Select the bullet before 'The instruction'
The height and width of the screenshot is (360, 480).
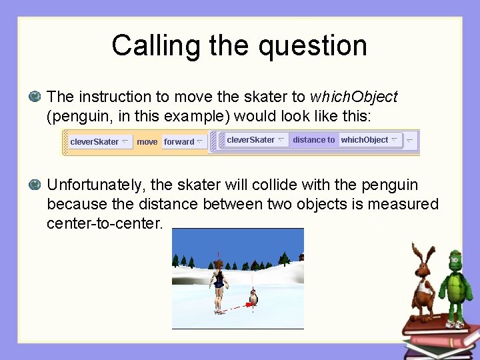(35, 97)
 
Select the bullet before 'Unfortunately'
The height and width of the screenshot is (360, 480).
(35, 185)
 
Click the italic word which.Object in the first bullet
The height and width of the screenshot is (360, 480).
(353, 97)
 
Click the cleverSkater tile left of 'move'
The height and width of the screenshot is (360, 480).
(98, 141)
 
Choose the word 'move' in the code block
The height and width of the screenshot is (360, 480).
(147, 141)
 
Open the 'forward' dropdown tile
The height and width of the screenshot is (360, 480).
(183, 141)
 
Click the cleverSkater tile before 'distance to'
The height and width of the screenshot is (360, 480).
(255, 140)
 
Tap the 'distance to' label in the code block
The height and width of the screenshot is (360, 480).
(313, 140)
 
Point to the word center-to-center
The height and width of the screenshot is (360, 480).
(105, 223)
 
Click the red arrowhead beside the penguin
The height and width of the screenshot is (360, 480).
(249, 304)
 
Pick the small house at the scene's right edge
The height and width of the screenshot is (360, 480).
(301, 257)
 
